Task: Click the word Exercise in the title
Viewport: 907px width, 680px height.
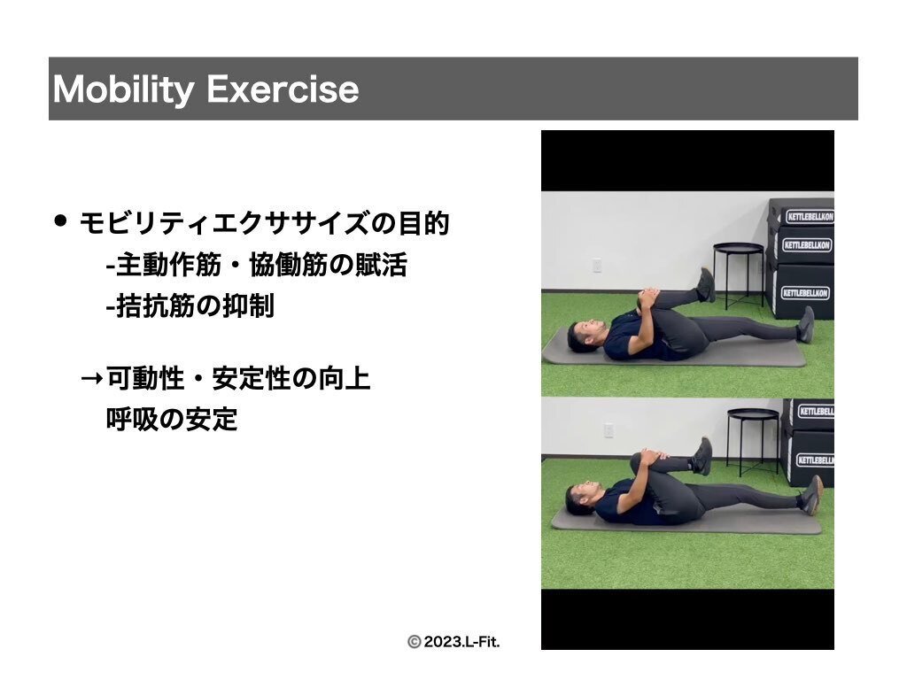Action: point(283,89)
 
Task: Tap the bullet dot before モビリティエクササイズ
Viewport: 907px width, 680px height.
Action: point(60,220)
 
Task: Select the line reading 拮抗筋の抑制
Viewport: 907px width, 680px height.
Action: point(190,305)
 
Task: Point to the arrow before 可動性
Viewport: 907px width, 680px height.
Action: point(92,379)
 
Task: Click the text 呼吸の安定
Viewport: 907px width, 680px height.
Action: point(172,419)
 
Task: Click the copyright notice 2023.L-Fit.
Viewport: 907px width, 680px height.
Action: point(453,642)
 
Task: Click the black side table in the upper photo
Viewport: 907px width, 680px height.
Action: point(739,273)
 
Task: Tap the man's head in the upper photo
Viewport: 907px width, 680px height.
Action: point(585,336)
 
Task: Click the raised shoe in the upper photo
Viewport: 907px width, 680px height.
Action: point(706,284)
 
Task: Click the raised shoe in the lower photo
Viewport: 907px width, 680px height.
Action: point(702,456)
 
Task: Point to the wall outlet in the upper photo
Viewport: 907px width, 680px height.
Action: point(598,266)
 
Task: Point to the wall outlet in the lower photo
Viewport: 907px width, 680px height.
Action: point(609,430)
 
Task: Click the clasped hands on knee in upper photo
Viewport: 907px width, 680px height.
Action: point(647,299)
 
